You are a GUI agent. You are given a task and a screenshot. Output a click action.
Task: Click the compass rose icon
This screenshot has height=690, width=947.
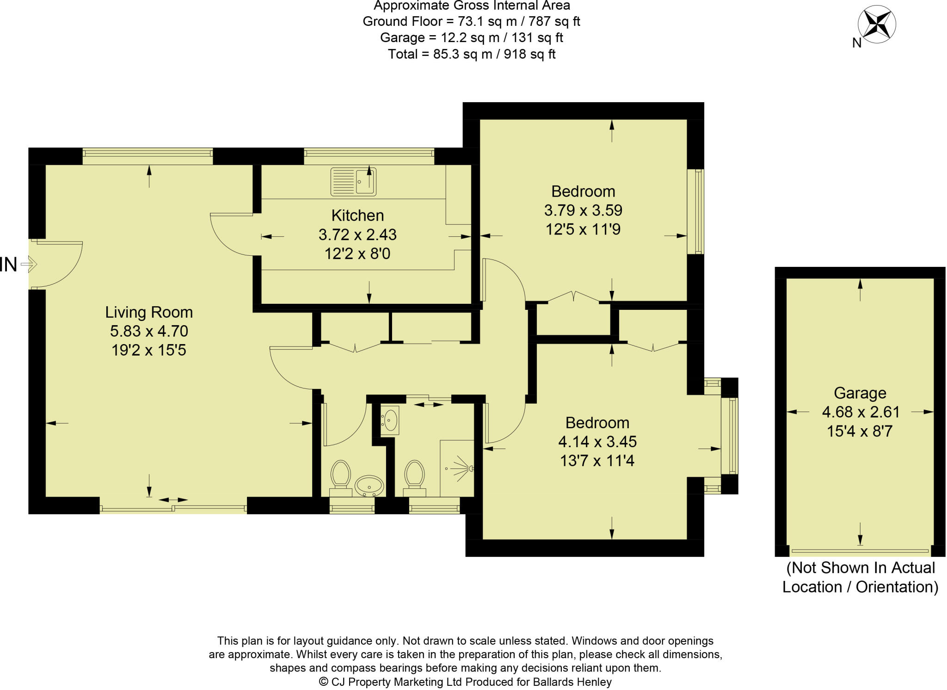point(877,24)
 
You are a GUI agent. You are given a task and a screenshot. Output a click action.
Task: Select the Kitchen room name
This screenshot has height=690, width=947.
point(357,216)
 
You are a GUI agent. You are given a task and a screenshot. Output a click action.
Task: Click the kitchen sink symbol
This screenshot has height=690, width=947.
point(353,182)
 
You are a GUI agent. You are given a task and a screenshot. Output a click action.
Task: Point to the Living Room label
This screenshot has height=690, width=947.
point(149,312)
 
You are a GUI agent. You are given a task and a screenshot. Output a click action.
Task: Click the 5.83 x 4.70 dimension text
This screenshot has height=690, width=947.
point(149,331)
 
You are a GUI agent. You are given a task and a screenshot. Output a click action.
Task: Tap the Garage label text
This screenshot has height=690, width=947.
point(860,393)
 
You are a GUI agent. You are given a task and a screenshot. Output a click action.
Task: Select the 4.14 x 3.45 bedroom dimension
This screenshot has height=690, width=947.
point(597,442)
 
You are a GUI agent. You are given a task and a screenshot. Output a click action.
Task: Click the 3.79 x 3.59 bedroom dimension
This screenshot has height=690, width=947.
point(583,210)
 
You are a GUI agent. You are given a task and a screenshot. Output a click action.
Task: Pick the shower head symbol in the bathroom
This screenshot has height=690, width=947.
point(462,468)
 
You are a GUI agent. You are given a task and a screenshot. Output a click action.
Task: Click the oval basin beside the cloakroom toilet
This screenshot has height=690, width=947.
point(369,486)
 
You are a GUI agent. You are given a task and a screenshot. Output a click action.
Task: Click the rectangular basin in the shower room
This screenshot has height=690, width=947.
point(390,420)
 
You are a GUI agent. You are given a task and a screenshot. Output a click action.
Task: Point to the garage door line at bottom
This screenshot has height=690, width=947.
point(860,551)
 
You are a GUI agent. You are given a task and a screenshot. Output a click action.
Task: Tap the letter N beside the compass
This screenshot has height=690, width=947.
point(856,43)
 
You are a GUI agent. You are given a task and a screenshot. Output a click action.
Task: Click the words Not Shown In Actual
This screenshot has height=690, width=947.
point(861,567)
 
